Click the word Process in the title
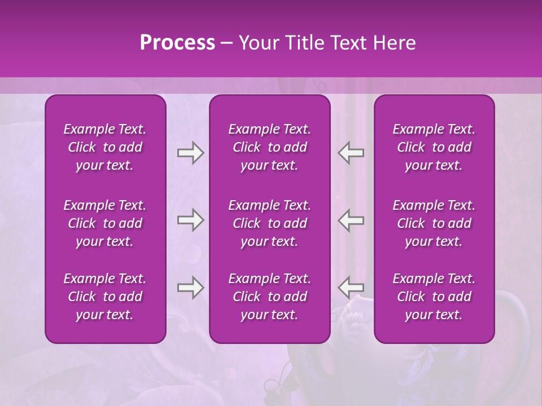tap(177, 43)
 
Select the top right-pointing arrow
tap(190, 153)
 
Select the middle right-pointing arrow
tap(190, 220)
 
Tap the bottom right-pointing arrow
tap(190, 288)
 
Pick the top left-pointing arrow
tap(351, 153)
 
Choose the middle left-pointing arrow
tap(351, 220)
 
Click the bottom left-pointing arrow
tap(351, 288)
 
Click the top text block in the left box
tap(105, 147)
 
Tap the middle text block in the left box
tap(105, 223)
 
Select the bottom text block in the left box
tap(105, 297)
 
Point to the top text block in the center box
tap(269, 147)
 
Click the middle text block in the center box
tap(269, 223)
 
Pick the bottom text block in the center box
tap(269, 297)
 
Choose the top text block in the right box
tap(434, 147)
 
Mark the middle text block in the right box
tap(434, 223)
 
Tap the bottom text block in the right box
tap(434, 297)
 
